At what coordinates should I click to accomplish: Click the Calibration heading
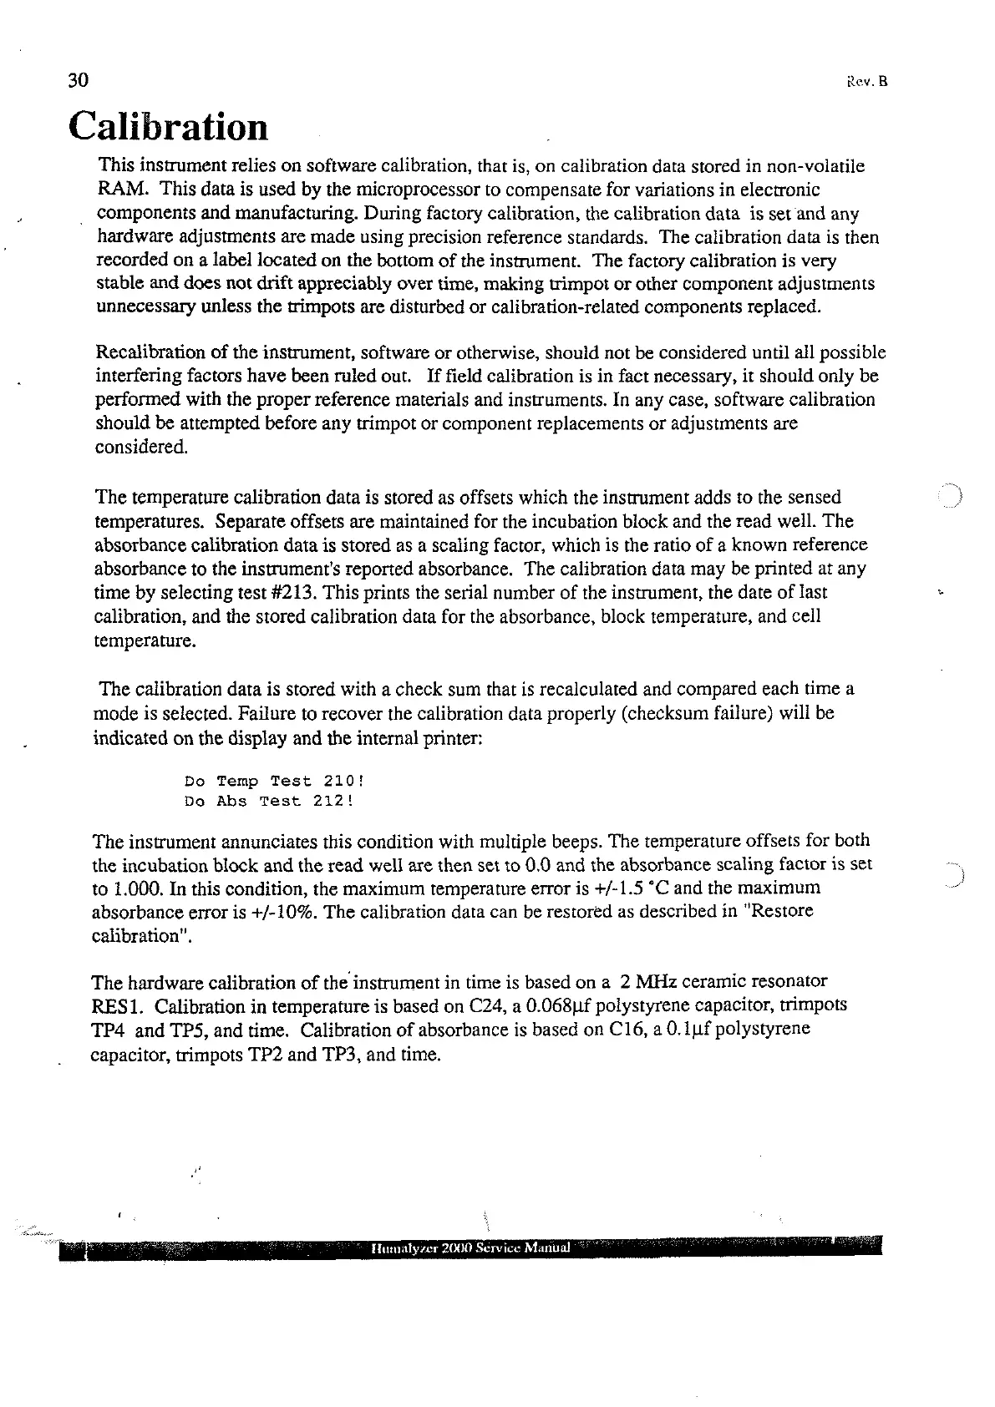tap(169, 127)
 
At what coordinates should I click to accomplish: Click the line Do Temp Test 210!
tap(274, 782)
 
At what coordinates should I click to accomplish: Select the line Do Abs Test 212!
tap(269, 802)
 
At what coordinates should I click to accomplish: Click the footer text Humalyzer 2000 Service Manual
tap(469, 1248)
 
